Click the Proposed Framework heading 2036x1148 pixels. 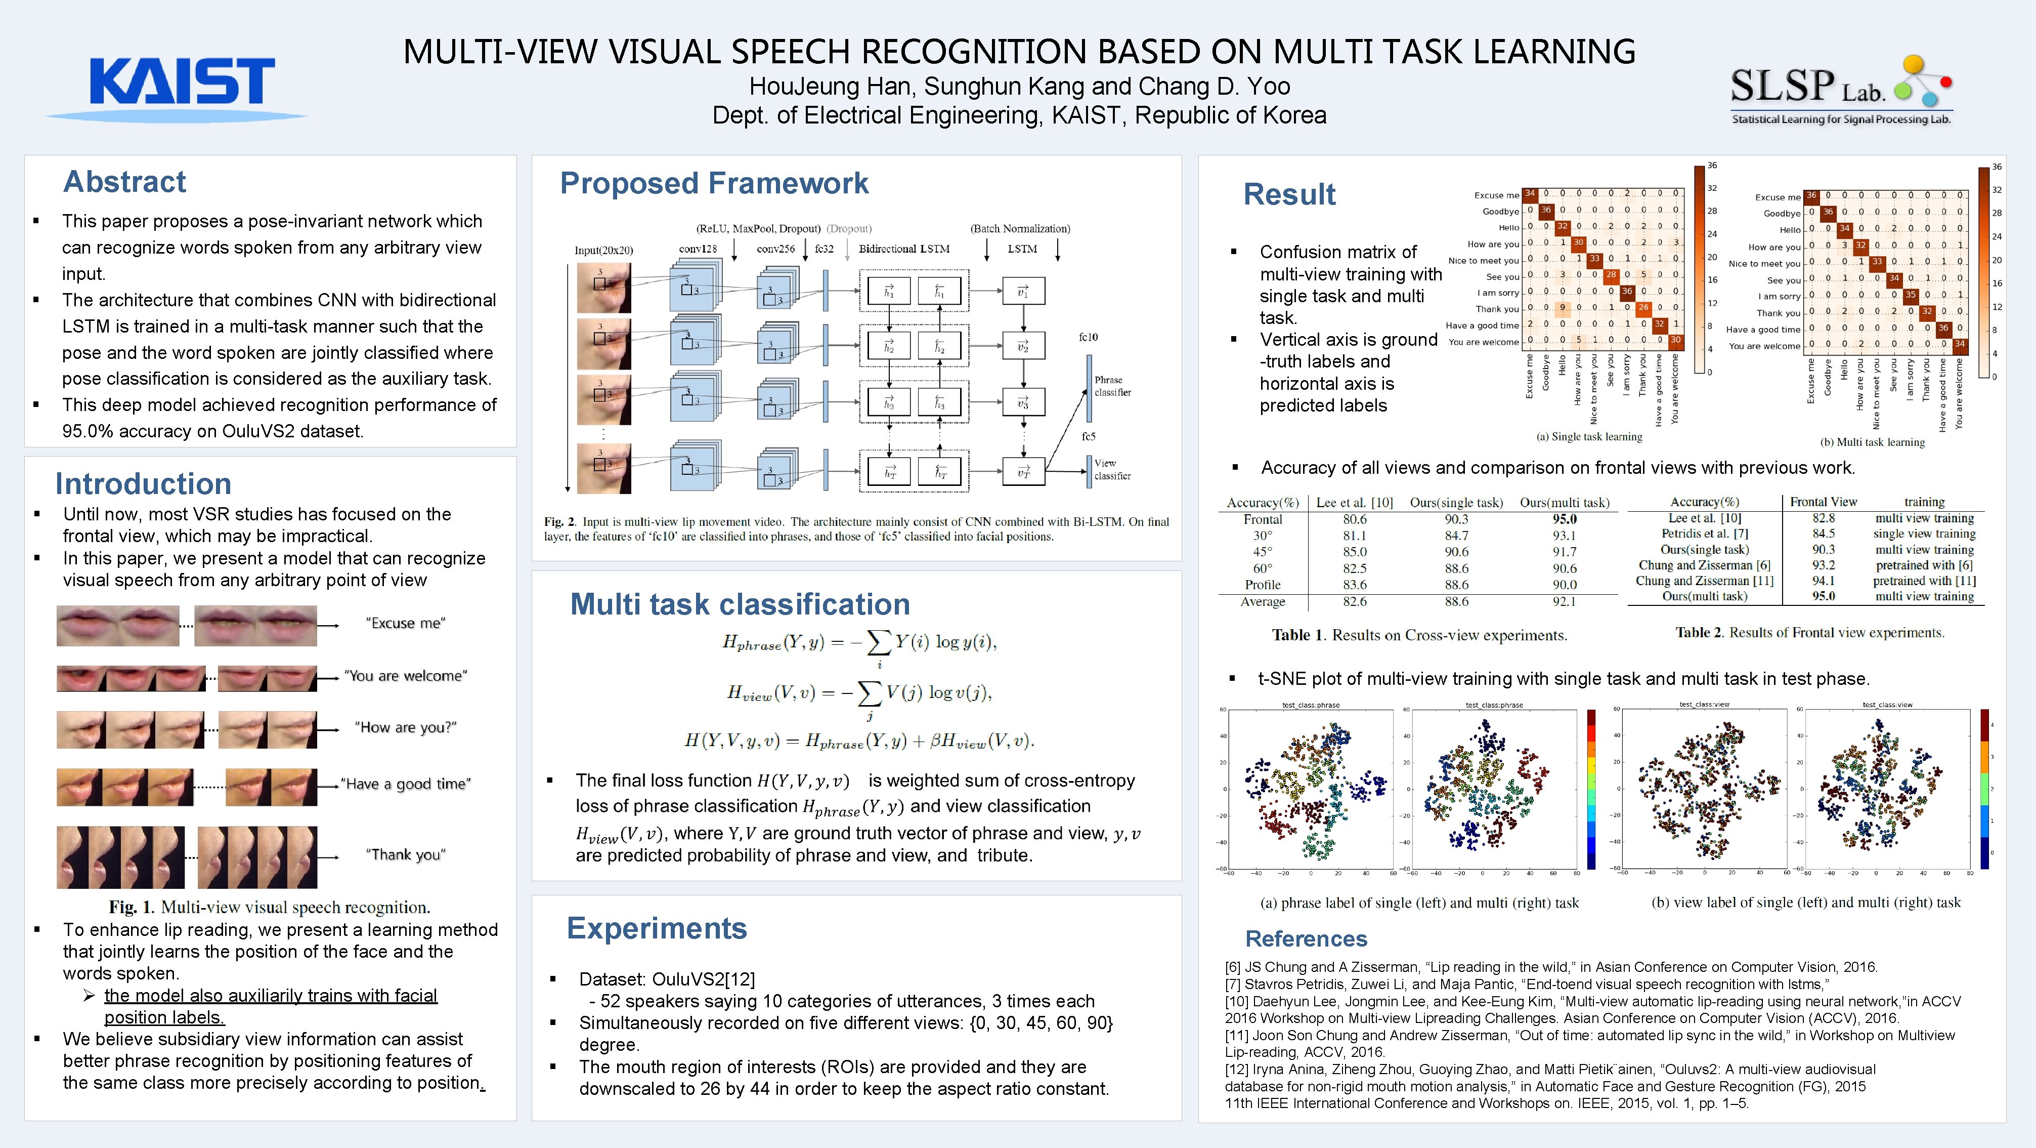click(x=714, y=183)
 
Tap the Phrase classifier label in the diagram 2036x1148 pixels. click(x=1112, y=386)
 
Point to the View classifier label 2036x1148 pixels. click(x=1112, y=470)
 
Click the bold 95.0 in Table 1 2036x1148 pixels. click(x=1564, y=519)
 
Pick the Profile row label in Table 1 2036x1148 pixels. click(x=1262, y=585)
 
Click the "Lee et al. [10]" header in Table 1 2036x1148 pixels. click(x=1354, y=503)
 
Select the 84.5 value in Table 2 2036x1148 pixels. click(x=1824, y=534)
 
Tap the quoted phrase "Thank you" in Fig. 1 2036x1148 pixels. click(x=406, y=855)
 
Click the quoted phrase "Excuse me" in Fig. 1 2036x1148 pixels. click(x=406, y=623)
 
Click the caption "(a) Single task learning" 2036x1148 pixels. click(x=1589, y=436)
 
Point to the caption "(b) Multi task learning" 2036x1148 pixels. click(x=1873, y=442)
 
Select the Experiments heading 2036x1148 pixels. click(x=656, y=928)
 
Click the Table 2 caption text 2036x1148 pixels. click(x=1809, y=633)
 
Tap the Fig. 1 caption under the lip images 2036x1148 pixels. click(x=270, y=907)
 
